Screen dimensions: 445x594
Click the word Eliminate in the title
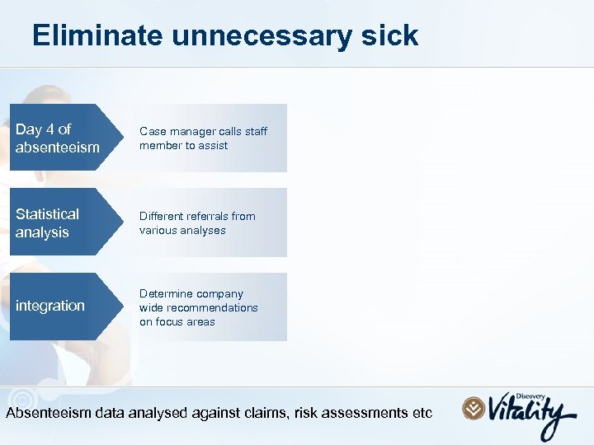(x=98, y=35)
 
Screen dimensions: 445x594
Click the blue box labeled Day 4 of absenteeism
(x=58, y=138)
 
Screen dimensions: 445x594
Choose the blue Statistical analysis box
(x=58, y=222)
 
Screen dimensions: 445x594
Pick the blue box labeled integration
(x=58, y=306)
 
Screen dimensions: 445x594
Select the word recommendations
(x=199, y=307)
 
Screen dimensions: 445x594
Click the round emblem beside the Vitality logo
(x=474, y=409)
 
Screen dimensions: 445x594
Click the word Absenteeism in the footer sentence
(x=47, y=413)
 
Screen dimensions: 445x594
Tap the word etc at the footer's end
(x=421, y=413)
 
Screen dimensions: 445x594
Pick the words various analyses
(x=182, y=230)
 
